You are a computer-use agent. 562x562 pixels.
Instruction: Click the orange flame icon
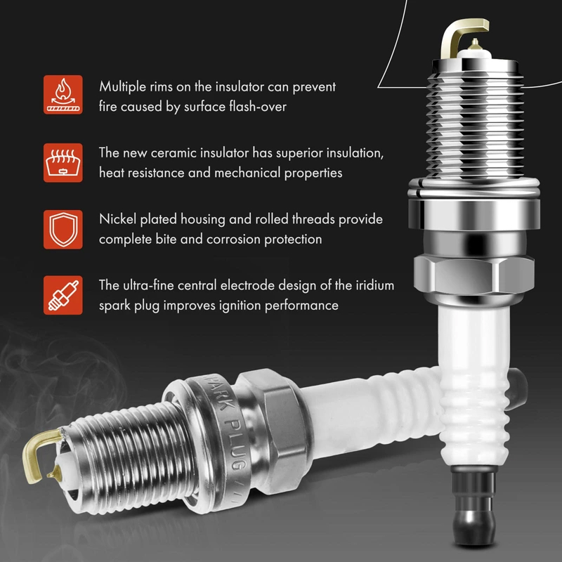pyautogui.click(x=63, y=95)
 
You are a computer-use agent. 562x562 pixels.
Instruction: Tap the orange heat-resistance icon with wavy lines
pyautogui.click(x=63, y=163)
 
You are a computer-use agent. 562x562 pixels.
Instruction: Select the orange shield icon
pyautogui.click(x=63, y=230)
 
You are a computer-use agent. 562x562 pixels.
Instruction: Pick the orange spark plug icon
pyautogui.click(x=63, y=295)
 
